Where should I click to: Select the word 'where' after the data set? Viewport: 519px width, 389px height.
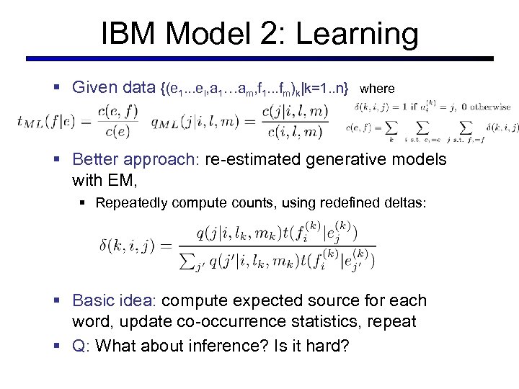point(377,89)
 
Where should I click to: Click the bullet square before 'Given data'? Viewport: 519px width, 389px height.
point(58,88)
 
